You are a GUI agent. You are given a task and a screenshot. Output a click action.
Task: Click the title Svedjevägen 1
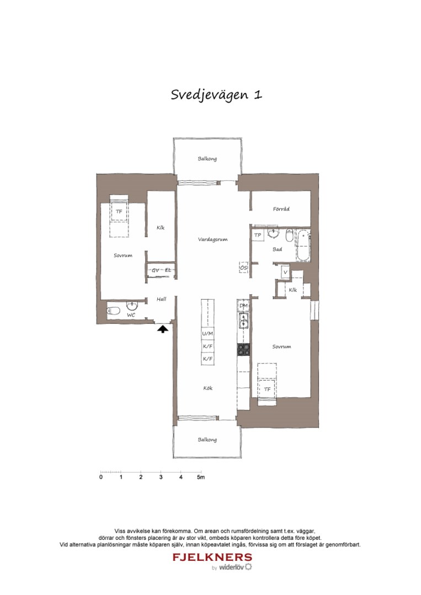tap(216, 94)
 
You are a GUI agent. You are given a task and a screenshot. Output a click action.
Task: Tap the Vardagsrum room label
tap(213, 240)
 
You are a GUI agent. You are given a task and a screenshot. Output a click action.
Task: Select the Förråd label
tap(281, 209)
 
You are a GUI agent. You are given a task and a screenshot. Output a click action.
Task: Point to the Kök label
tap(207, 388)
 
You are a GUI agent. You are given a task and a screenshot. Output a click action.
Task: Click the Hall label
tap(161, 299)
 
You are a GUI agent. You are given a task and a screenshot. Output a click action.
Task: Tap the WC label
tap(131, 315)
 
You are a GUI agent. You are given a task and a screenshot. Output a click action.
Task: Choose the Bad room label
tap(278, 250)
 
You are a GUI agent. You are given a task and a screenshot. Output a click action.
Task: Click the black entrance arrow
tap(162, 329)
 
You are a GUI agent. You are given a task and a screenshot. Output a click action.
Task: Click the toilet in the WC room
tap(113, 311)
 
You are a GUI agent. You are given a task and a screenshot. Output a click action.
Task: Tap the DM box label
tap(244, 306)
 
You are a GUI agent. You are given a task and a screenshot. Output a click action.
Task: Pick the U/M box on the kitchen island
tap(207, 334)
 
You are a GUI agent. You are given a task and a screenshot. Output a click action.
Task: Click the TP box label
tap(257, 236)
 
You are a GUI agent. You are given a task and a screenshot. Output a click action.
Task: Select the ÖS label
tap(243, 268)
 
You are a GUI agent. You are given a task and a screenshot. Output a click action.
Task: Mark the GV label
tap(156, 270)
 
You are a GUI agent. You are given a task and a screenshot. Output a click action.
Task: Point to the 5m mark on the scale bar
tap(201, 477)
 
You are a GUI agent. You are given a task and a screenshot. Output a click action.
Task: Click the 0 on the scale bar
tap(100, 477)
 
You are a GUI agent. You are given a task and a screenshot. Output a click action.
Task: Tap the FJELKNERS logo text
tap(212, 557)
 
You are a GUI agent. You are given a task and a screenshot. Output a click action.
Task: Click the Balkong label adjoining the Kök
tap(207, 440)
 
